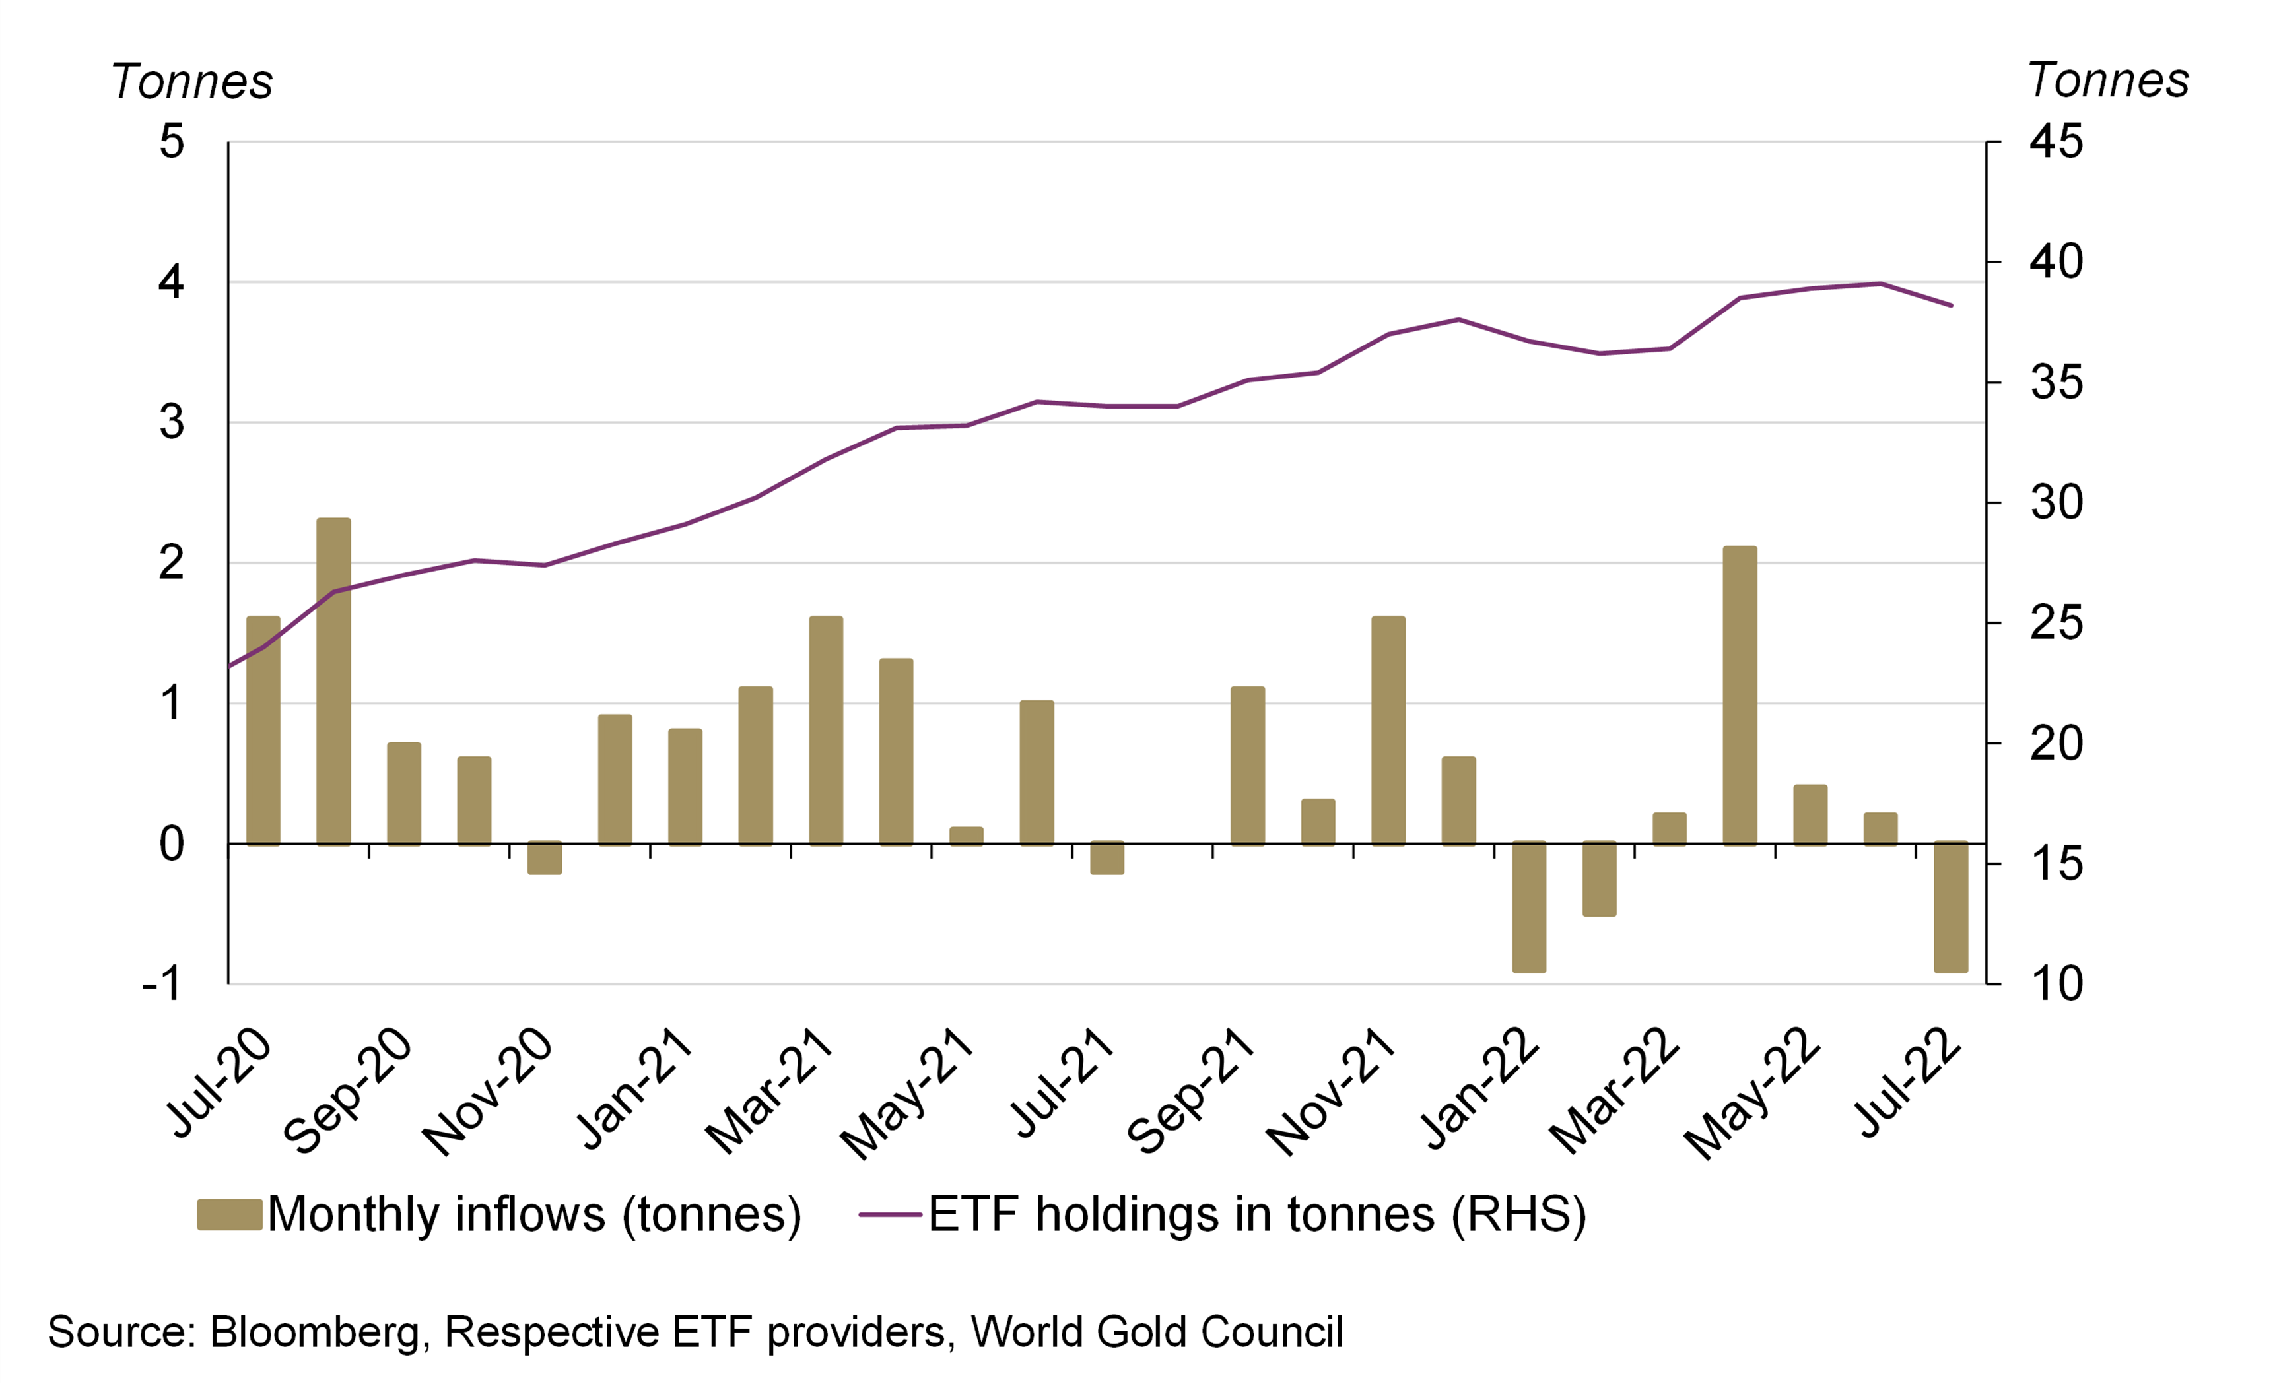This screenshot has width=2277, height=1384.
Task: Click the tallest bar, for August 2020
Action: pos(333,682)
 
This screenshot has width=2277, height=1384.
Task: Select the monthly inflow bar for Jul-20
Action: pos(263,730)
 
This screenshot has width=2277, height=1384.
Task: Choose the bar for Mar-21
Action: pos(826,730)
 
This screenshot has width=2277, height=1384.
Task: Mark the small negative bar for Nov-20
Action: pos(544,857)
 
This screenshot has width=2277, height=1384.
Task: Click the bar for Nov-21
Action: pos(1388,730)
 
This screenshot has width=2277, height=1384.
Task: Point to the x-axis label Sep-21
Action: pos(1192,1090)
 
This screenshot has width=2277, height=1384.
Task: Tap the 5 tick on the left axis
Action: pos(172,143)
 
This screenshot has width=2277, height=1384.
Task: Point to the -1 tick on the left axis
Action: pos(162,985)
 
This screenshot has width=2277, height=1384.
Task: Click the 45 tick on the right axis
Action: pos(2056,143)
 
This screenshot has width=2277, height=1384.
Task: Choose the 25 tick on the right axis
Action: pos(2056,624)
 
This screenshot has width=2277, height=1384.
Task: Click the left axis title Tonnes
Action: pos(191,81)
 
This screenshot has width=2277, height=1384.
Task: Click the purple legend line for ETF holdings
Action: pos(890,1214)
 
